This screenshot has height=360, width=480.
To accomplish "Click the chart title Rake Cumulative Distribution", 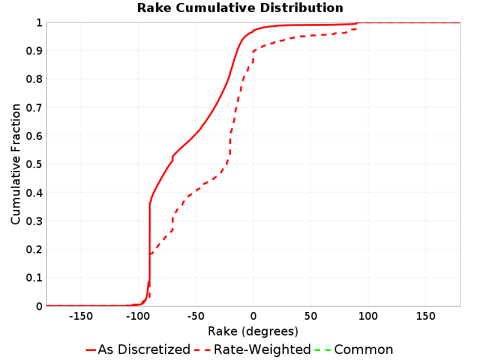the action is point(240,8).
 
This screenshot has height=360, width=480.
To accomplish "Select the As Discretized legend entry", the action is point(138,349).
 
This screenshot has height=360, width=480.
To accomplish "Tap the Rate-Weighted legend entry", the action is point(253,349).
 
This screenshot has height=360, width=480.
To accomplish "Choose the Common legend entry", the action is point(354,349).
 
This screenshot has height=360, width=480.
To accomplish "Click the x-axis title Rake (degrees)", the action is point(253,331).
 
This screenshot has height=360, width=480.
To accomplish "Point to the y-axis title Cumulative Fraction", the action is point(16,164).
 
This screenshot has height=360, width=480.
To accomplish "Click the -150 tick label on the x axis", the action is point(81,316).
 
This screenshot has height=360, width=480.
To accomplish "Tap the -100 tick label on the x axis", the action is point(138,316).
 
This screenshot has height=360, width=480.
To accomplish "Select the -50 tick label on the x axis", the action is point(196,316).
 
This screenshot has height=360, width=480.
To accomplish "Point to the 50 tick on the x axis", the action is point(311,316).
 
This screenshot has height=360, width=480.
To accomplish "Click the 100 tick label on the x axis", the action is point(368,316).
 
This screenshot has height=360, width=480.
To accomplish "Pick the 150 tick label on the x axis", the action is point(425,316).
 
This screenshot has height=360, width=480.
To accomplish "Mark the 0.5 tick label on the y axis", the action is point(34,164).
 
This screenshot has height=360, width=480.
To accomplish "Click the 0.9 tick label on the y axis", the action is point(34,51).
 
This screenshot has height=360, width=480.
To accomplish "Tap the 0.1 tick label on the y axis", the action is point(34,278).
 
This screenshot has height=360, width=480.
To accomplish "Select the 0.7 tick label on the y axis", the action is point(34,108).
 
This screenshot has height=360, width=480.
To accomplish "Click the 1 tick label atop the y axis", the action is point(39,23).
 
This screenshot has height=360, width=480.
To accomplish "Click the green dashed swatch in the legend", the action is point(323,350).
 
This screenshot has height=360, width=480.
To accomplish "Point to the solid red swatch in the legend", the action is point(91,350).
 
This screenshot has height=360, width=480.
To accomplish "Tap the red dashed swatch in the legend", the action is point(203,350).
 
